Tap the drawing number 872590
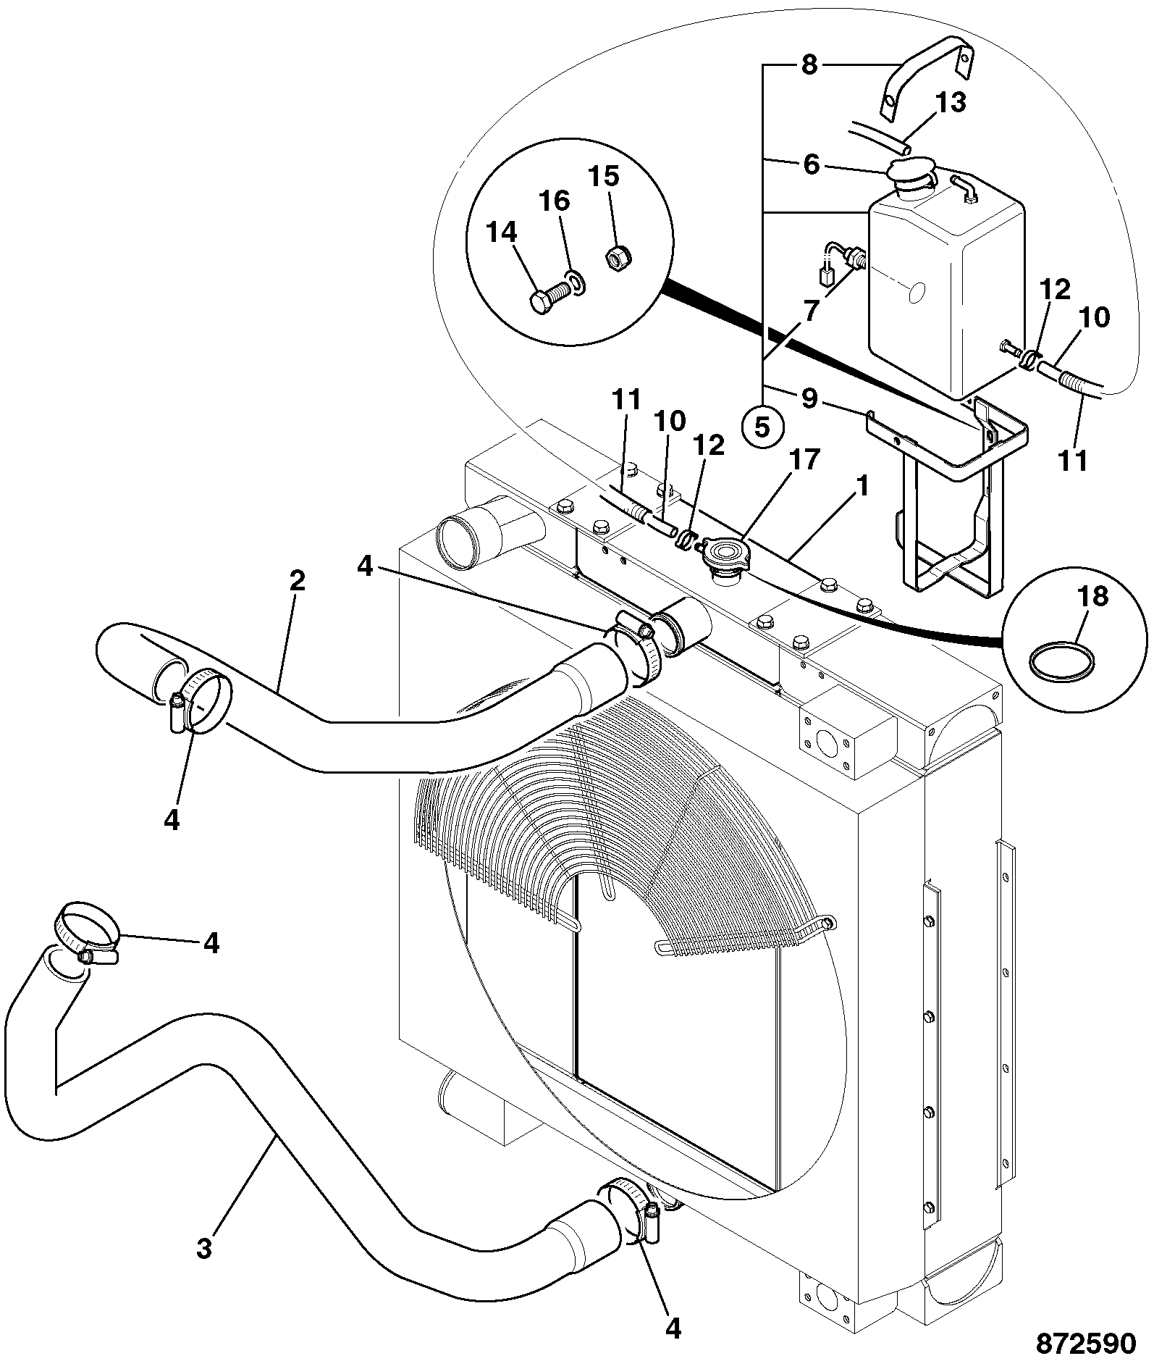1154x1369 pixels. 1086,1343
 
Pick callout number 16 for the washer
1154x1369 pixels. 555,201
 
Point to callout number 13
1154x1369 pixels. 951,103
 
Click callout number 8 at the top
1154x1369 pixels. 809,65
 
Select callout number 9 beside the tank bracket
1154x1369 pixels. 809,398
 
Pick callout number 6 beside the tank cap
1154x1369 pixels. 811,165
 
